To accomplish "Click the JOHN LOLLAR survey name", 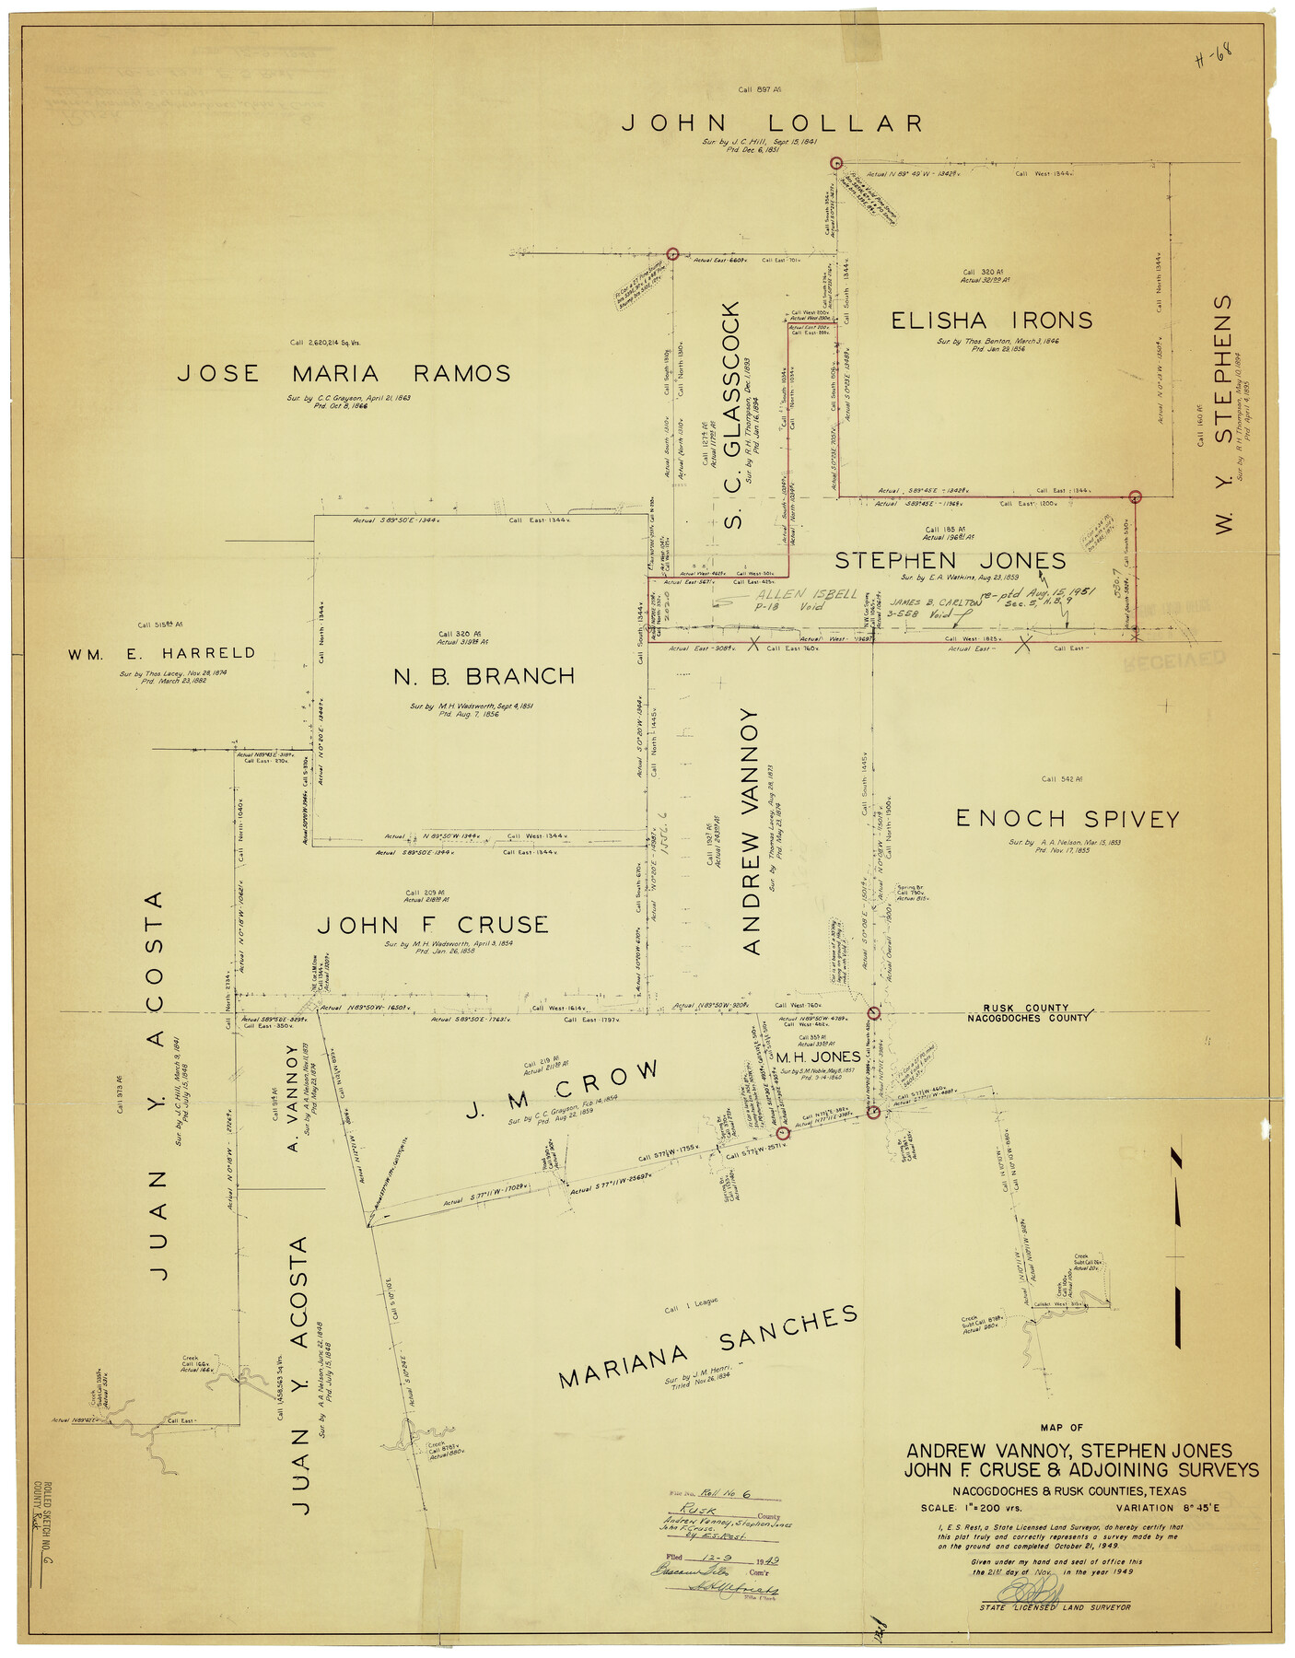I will (x=772, y=123).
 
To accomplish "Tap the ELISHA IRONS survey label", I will (x=991, y=321).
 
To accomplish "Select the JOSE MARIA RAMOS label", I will (x=344, y=373).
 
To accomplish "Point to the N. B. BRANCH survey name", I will (x=484, y=677).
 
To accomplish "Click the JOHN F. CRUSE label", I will (x=432, y=925).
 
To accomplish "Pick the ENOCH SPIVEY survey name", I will (x=1067, y=819).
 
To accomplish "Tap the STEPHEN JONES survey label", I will (x=950, y=561).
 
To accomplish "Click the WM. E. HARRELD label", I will (x=161, y=654).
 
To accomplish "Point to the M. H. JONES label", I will (x=818, y=1057).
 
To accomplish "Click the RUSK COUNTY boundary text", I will (x=1025, y=1008).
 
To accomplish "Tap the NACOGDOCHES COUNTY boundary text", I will (x=1027, y=1018).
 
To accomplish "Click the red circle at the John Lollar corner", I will (x=836, y=163).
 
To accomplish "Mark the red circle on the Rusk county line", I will (x=874, y=1013).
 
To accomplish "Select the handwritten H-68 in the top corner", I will (x=1213, y=57).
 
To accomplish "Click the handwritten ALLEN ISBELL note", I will (x=807, y=594).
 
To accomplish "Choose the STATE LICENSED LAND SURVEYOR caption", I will (x=1055, y=1606).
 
